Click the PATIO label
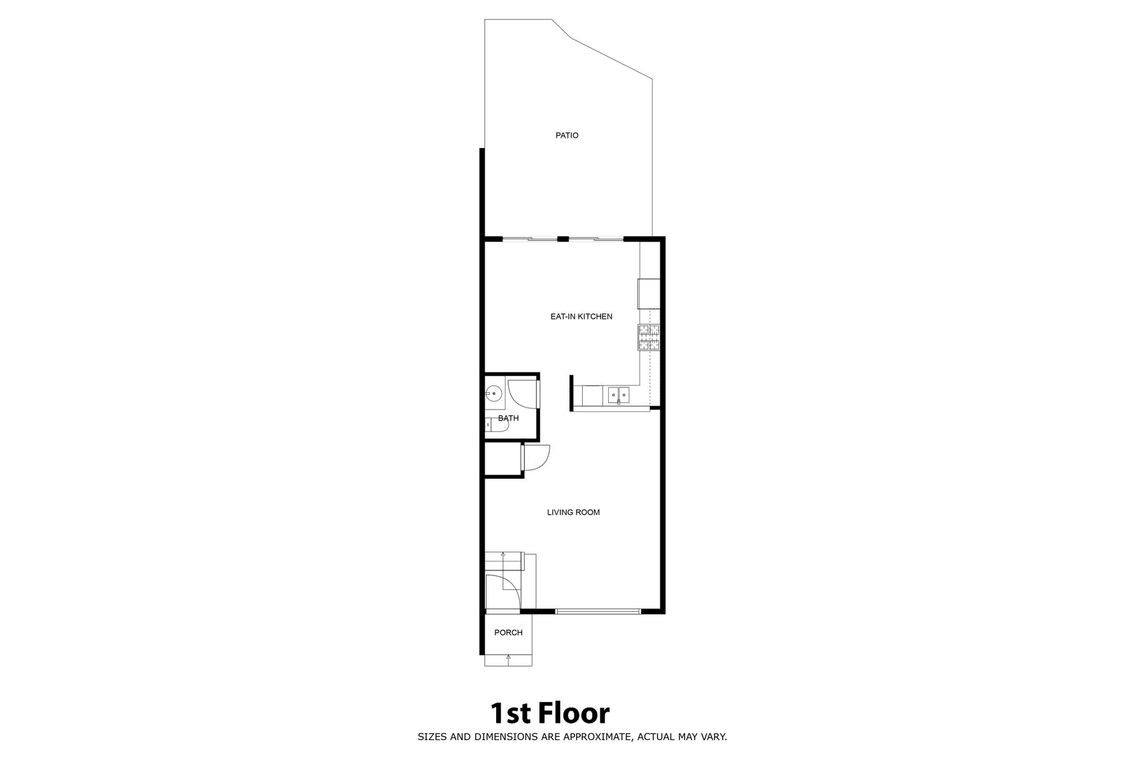(567, 135)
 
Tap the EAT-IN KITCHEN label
(581, 317)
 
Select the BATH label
(508, 418)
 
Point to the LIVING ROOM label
(574, 512)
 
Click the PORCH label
(508, 633)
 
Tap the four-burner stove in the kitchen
(649, 337)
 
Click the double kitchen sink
(618, 395)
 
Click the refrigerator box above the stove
(649, 294)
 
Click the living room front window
(598, 612)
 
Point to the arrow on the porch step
(508, 660)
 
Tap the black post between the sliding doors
(563, 239)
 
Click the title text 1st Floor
(550, 713)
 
